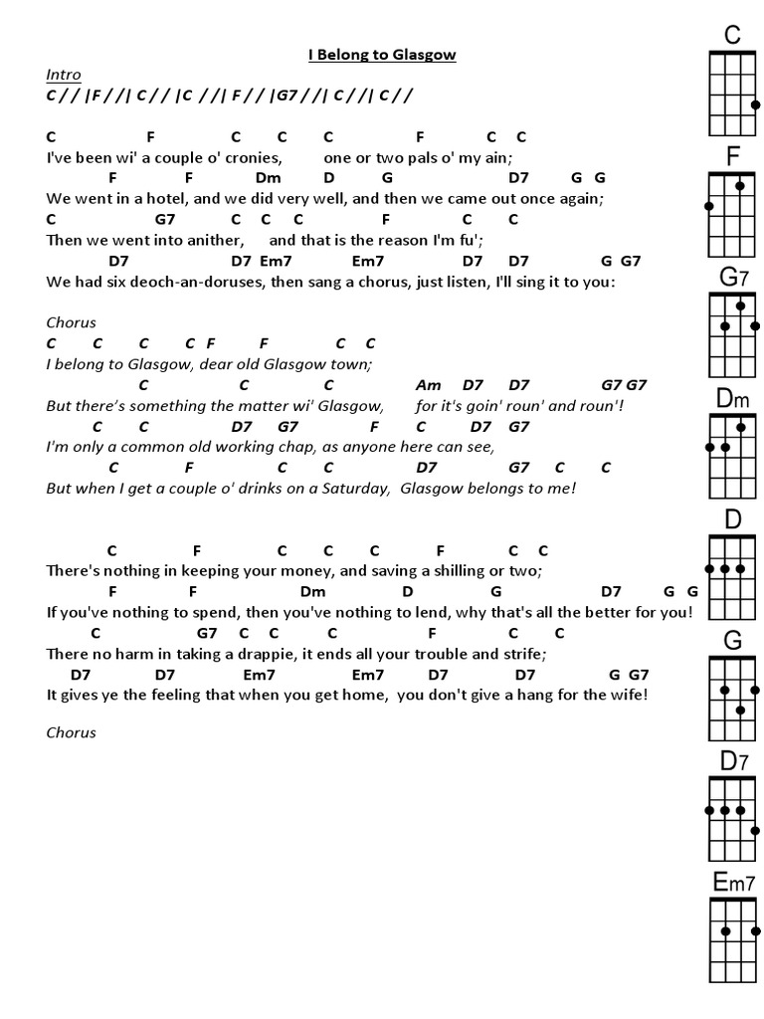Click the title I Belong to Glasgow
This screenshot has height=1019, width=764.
click(382, 55)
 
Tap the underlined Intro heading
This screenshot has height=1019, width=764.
click(63, 75)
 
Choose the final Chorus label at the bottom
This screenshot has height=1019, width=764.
click(71, 732)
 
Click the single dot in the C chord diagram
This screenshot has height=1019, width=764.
click(756, 105)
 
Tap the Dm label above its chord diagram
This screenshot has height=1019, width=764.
click(732, 399)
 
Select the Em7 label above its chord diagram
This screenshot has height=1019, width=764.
click(733, 882)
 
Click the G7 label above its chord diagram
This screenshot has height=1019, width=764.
click(732, 278)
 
